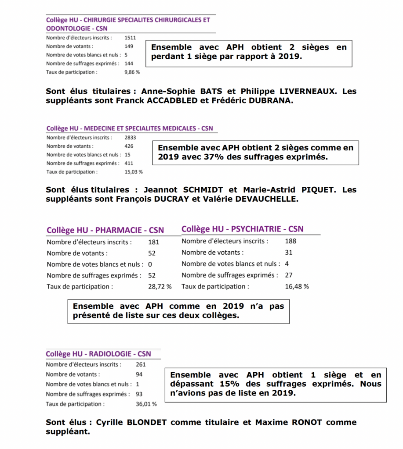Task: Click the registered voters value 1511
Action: (x=131, y=38)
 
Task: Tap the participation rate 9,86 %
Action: (x=132, y=72)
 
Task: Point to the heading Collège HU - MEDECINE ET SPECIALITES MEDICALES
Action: (x=130, y=128)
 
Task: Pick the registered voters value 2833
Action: (x=131, y=137)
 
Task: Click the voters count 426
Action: (x=129, y=146)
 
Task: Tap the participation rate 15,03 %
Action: (x=134, y=172)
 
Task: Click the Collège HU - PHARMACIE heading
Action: (x=105, y=230)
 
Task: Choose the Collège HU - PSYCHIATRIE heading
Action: (x=242, y=229)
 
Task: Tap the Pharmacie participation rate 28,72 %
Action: (x=160, y=287)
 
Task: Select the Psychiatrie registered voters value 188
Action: (x=290, y=241)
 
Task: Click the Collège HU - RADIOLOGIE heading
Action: (x=98, y=354)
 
